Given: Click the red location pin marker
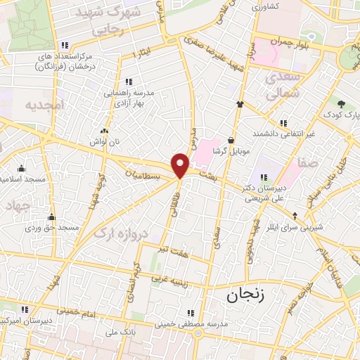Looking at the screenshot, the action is point(181,165).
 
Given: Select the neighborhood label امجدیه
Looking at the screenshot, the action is point(44,105).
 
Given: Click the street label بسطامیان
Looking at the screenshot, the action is point(146,172).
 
